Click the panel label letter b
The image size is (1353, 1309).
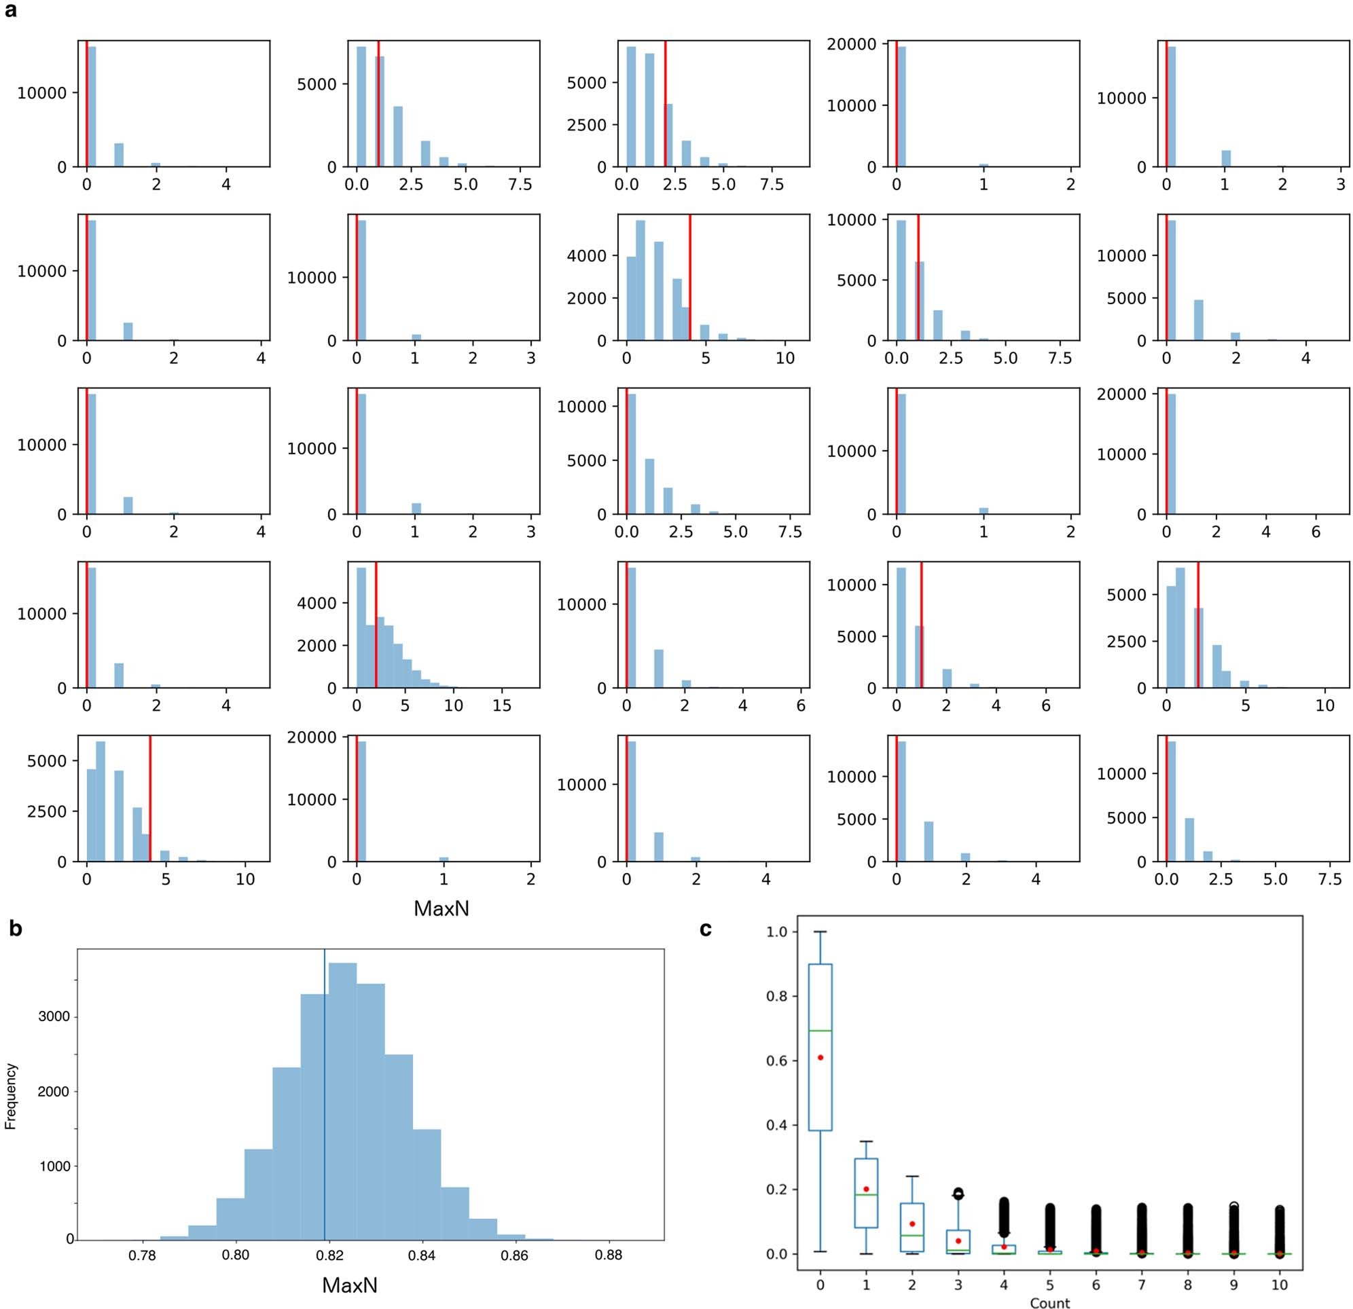click(15, 929)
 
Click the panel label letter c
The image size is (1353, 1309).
click(706, 929)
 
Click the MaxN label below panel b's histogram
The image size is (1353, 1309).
click(350, 1285)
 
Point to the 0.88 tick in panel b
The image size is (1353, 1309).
click(608, 1255)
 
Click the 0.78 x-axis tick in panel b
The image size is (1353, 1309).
click(143, 1255)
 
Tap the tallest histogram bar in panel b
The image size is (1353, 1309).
click(342, 1104)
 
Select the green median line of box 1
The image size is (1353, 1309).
click(865, 1194)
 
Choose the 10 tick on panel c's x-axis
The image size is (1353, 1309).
click(1279, 1285)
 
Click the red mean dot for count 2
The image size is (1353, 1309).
click(912, 1223)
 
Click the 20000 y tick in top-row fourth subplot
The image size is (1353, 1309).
click(851, 44)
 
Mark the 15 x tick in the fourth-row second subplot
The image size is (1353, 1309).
click(502, 706)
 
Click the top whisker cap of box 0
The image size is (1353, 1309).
click(820, 932)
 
